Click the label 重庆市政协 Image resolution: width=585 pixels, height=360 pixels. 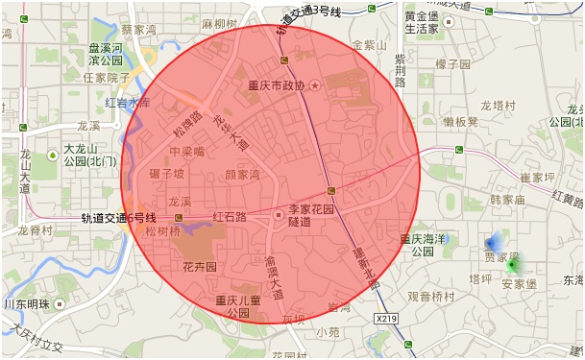tap(276, 85)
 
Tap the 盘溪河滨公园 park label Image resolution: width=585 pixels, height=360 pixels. tap(106, 54)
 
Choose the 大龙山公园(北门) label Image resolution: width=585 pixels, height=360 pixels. tap(90, 155)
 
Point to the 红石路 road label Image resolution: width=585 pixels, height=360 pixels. tap(230, 217)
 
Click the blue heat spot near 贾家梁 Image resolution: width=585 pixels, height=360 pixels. tap(493, 244)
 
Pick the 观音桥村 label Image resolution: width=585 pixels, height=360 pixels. tap(429, 298)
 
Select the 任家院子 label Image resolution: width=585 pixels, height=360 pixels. tap(107, 78)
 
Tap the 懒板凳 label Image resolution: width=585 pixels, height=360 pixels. tap(461, 122)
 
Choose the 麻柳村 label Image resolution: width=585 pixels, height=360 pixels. tap(219, 21)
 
